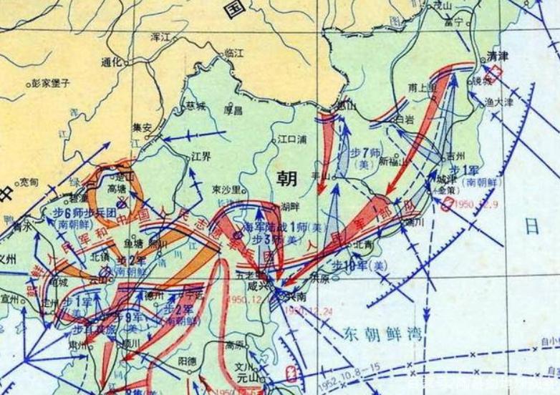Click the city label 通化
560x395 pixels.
coord(112,62)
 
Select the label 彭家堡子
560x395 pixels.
coord(50,83)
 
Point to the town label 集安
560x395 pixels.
coord(143,127)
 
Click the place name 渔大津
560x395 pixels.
coord(518,102)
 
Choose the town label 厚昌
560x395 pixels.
coord(233,111)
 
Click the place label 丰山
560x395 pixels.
coord(319,175)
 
